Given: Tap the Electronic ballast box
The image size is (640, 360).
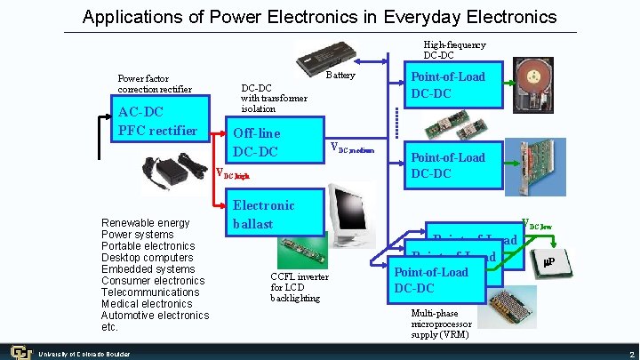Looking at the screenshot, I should click(x=265, y=214).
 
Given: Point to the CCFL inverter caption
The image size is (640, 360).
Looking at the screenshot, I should click(x=299, y=287).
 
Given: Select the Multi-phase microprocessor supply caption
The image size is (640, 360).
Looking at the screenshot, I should click(x=440, y=324).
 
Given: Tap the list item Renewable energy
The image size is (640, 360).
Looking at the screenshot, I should click(x=146, y=223).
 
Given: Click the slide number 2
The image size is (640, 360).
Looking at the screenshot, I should click(x=629, y=354).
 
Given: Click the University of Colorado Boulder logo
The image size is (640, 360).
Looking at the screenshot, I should click(x=17, y=352).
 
